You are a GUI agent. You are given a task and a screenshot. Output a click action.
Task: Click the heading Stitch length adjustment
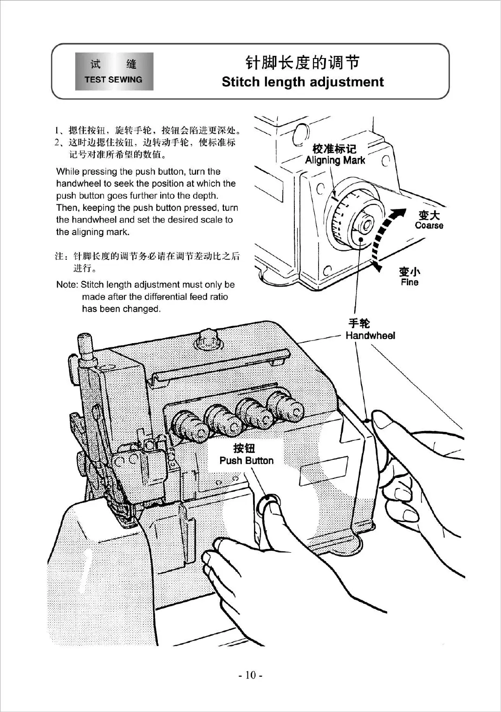pyautogui.click(x=303, y=82)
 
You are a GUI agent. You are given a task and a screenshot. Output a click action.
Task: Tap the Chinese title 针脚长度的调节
pyautogui.click(x=302, y=62)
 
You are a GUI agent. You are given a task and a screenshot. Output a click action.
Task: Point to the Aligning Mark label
pyautogui.click(x=335, y=160)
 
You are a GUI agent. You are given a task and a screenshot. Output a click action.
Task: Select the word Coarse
pyautogui.click(x=429, y=226)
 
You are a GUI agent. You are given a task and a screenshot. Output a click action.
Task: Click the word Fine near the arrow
pyautogui.click(x=410, y=282)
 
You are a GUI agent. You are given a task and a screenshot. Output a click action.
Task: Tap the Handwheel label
pyautogui.click(x=370, y=336)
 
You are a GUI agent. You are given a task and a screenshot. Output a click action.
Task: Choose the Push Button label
pyautogui.click(x=246, y=461)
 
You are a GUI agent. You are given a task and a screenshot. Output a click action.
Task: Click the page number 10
pyautogui.click(x=251, y=675)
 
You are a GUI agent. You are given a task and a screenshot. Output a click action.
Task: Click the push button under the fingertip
pyautogui.click(x=268, y=501)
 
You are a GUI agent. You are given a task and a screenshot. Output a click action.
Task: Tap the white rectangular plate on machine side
pyautogui.click(x=323, y=469)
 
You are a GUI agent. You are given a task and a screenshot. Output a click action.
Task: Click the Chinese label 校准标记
pyautogui.click(x=335, y=149)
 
